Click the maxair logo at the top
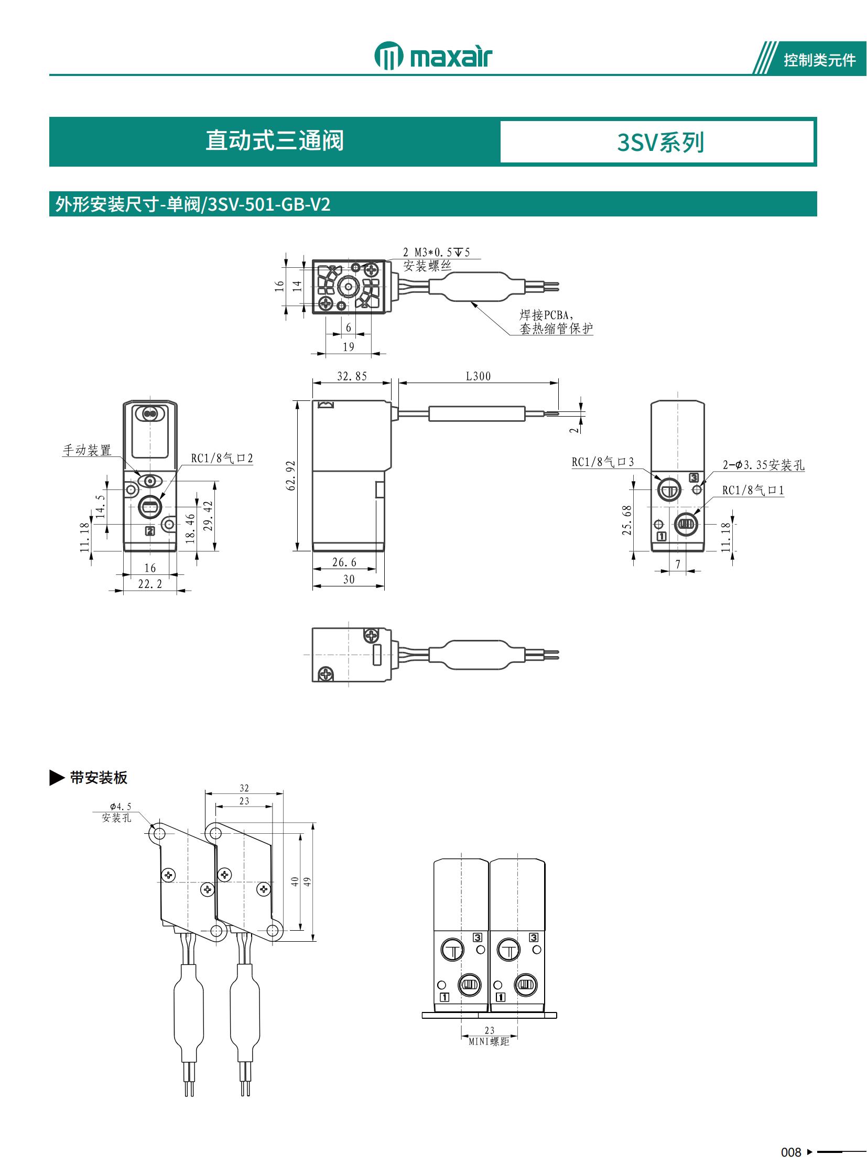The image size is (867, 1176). [x=433, y=56]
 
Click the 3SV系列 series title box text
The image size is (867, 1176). [x=660, y=142]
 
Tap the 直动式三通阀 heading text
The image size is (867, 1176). [x=275, y=140]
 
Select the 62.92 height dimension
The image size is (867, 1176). [x=291, y=475]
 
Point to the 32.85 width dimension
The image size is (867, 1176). [x=352, y=376]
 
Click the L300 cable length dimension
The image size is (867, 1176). [x=478, y=376]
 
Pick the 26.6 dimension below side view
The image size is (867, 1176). [x=344, y=562]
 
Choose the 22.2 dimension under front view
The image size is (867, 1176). [x=150, y=584]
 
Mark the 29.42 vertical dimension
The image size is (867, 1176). [x=208, y=515]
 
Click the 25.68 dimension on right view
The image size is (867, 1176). [x=626, y=520]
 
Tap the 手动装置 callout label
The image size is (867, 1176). [x=87, y=450]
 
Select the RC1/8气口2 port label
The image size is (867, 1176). [x=222, y=458]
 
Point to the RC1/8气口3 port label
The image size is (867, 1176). [x=602, y=462]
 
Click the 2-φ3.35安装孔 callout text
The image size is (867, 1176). [x=763, y=465]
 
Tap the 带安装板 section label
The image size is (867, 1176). [x=99, y=778]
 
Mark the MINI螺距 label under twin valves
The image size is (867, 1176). [x=489, y=1042]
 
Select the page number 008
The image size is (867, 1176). [x=790, y=1152]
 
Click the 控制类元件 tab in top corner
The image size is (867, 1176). [x=819, y=60]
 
